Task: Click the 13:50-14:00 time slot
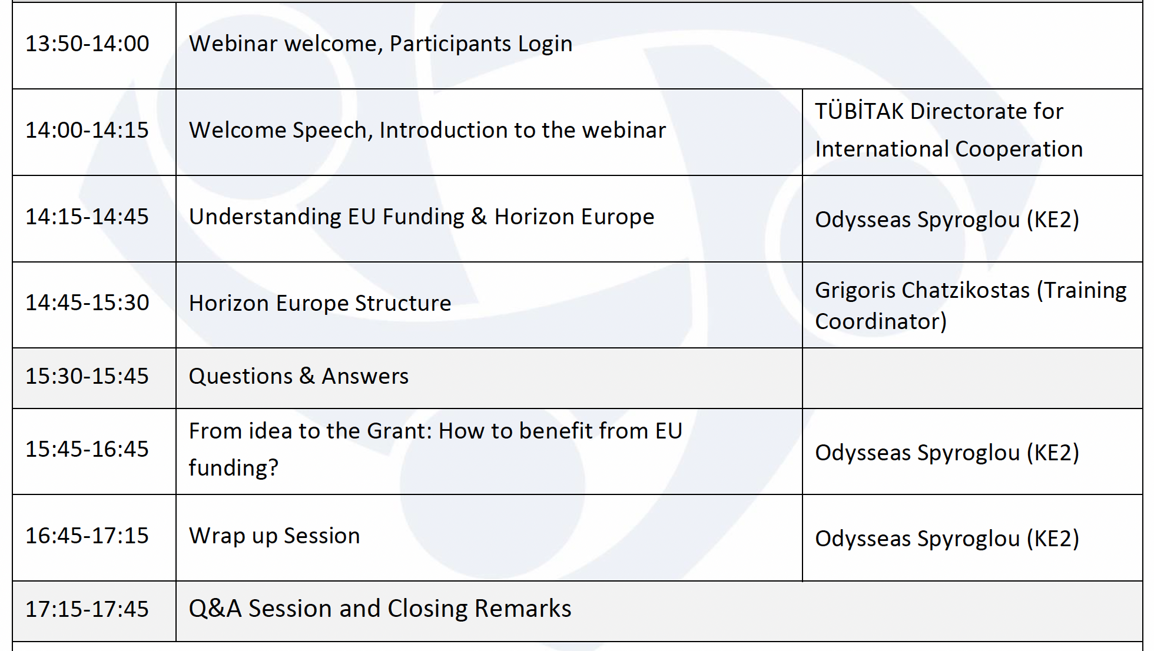(87, 44)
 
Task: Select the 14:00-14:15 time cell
(87, 130)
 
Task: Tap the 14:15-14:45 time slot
(87, 217)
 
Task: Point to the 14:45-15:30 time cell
(87, 303)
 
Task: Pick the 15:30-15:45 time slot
(87, 376)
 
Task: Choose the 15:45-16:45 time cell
(87, 449)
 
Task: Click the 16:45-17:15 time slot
(87, 536)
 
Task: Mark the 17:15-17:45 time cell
(87, 609)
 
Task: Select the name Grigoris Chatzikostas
(923, 291)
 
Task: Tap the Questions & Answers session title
(299, 376)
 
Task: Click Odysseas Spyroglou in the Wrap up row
(917, 539)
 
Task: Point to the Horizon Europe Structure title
(320, 303)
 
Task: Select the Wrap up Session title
(274, 536)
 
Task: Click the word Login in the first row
(545, 44)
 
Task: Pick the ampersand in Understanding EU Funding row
(479, 216)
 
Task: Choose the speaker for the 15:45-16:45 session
(947, 453)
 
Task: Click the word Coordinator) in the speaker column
(881, 321)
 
